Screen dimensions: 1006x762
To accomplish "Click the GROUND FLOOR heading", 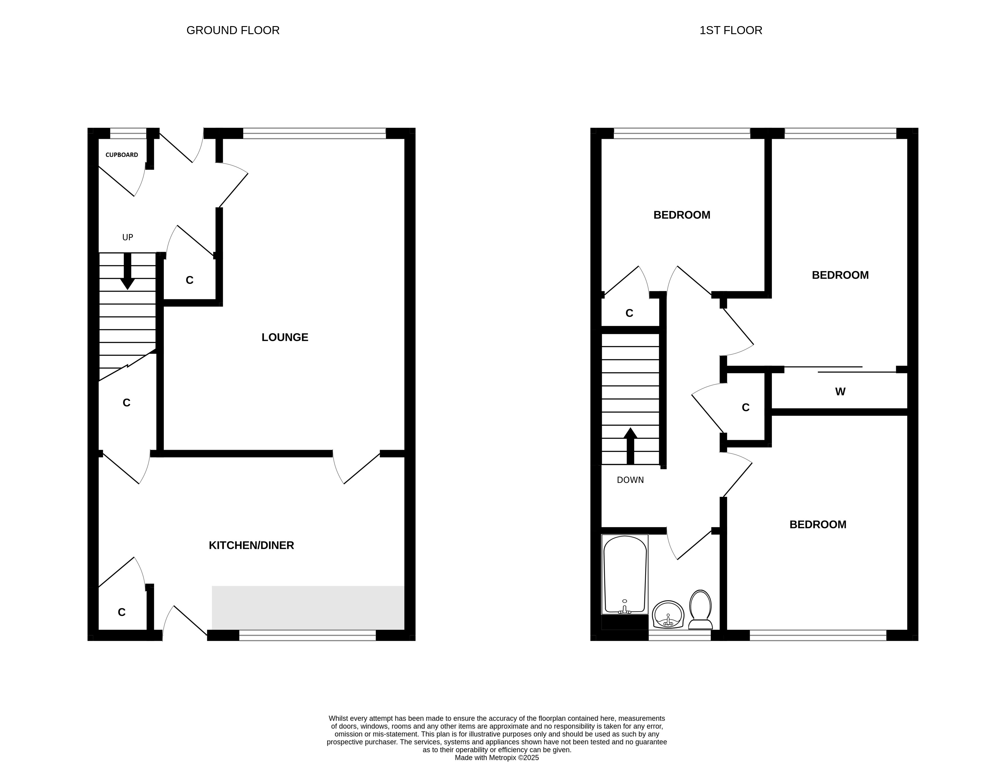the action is [x=233, y=30].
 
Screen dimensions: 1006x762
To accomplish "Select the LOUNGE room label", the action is [x=285, y=337].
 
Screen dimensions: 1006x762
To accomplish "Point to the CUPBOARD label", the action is [x=122, y=155].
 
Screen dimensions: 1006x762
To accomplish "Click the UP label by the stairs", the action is [x=128, y=237].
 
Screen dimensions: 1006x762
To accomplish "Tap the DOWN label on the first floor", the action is [x=630, y=480].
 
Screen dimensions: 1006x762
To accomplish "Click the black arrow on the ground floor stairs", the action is [x=128, y=271].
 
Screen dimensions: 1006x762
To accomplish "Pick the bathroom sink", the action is [x=668, y=614].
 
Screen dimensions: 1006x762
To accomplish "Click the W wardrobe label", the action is [x=840, y=392].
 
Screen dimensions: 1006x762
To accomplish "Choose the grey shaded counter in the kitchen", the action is [x=308, y=608].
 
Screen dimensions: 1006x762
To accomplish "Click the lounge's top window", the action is [x=314, y=133].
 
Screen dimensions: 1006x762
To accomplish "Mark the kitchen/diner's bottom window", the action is [x=308, y=635].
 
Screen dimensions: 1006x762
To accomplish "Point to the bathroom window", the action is [x=680, y=635].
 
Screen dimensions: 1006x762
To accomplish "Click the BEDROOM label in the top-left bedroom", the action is [x=682, y=215].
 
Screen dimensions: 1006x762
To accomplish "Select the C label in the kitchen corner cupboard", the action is [x=121, y=612].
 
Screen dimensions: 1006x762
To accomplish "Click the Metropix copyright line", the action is [x=497, y=757].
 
